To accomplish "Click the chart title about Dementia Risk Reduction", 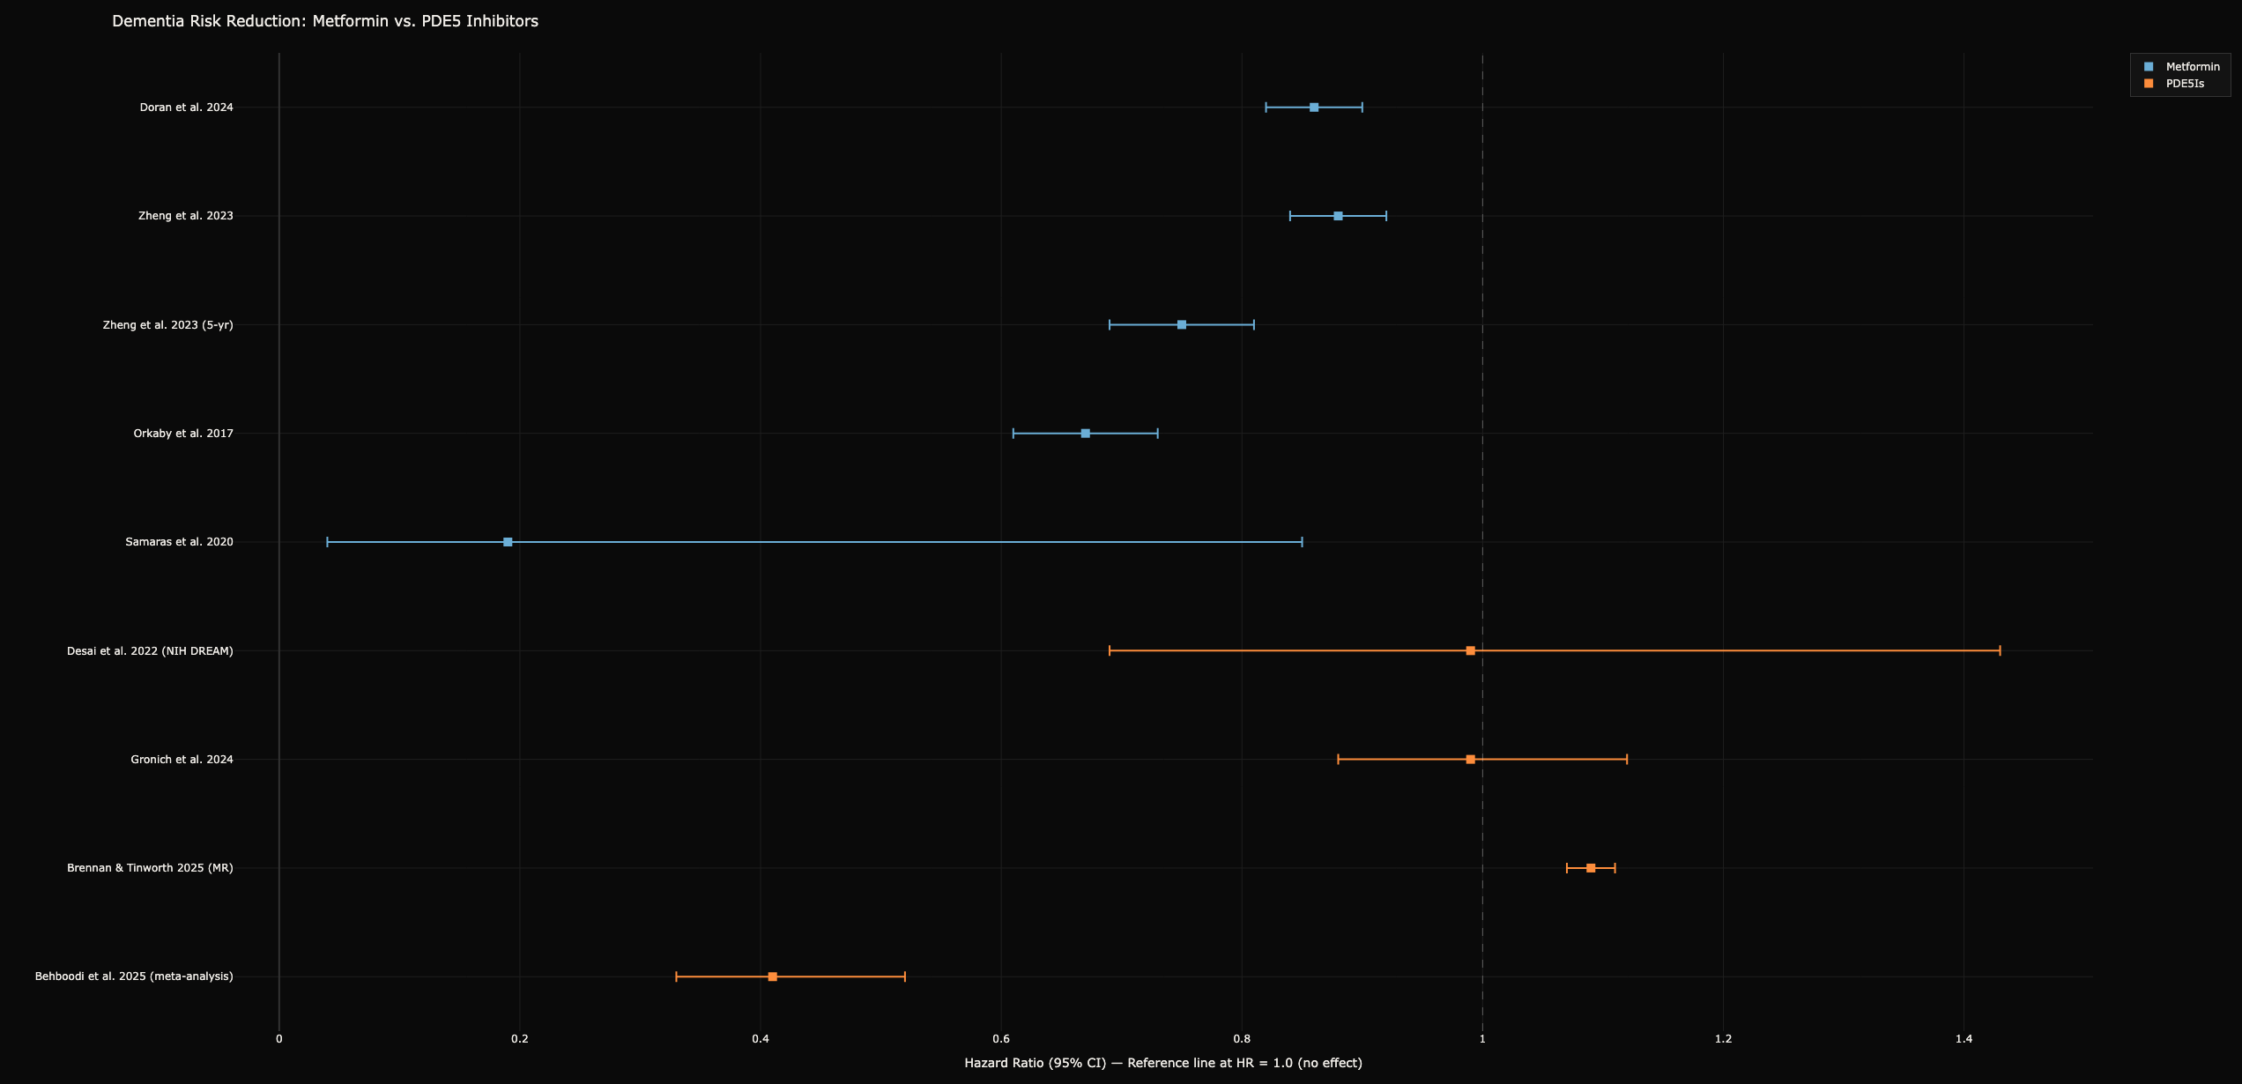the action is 325,21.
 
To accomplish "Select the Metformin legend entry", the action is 2181,67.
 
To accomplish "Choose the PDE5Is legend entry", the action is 2173,84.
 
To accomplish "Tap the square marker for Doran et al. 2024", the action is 1314,108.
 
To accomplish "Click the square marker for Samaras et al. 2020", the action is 508,542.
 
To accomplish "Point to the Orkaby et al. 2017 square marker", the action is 1086,434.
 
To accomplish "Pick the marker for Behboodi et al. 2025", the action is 773,976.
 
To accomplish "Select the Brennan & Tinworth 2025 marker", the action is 1591,868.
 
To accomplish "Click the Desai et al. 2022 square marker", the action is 1471,650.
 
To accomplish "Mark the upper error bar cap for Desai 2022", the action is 2000,650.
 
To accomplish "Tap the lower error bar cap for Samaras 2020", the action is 327,542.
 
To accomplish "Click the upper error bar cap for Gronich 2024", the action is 1627,760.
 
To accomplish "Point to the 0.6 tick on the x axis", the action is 1001,1039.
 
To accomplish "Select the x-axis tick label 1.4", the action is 1964,1039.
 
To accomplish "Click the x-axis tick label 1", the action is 1482,1039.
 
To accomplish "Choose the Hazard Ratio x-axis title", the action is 1163,1063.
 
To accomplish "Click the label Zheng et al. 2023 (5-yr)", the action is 168,325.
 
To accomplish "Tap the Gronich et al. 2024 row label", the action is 182,760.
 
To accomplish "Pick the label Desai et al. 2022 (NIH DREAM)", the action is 151,651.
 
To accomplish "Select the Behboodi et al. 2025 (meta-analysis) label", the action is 135,976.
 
